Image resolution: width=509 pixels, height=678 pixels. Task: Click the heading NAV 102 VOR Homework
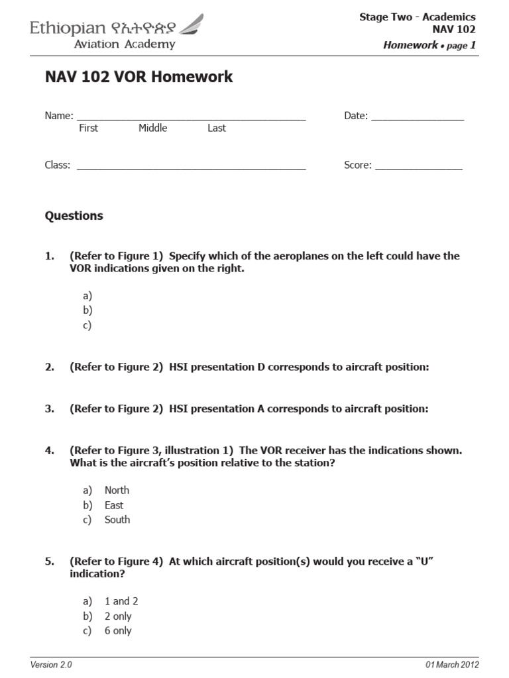tap(139, 77)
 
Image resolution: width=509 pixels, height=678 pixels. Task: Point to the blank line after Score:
tap(419, 168)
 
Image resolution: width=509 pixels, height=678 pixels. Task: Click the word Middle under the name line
tap(152, 128)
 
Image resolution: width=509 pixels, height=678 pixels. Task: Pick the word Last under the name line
tap(216, 128)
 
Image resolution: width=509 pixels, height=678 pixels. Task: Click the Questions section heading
tap(74, 216)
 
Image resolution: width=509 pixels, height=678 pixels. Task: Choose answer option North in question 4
tap(117, 491)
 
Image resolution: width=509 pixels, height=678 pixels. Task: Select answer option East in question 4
tap(114, 505)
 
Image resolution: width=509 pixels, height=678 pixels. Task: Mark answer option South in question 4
tap(117, 520)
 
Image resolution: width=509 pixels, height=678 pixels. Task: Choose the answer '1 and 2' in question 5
tap(121, 601)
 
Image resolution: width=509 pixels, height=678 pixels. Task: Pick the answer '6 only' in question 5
tap(118, 631)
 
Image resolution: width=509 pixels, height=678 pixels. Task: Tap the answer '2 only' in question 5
tap(118, 616)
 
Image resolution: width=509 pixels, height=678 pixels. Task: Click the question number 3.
tap(49, 409)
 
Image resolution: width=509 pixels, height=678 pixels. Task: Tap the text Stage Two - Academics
tap(417, 17)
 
